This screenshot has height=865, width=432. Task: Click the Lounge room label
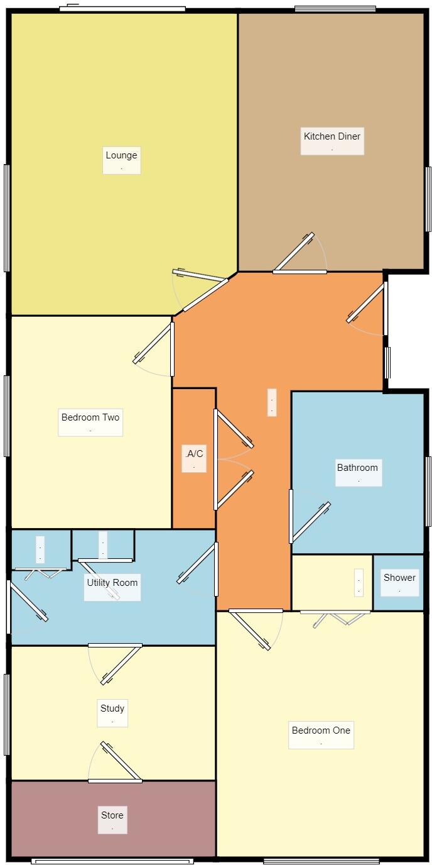coord(121,156)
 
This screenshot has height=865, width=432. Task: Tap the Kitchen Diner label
coord(332,136)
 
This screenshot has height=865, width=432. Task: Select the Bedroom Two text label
coord(90,417)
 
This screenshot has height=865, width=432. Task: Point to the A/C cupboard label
coord(194,454)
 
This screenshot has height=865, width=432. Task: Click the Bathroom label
coord(358,468)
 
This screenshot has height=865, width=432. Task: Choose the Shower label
coord(399,578)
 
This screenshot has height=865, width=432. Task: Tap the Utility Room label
coord(112,583)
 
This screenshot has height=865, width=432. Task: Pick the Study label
coord(112,708)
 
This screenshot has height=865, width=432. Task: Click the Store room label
coord(112,815)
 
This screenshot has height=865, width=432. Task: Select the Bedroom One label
coord(321,730)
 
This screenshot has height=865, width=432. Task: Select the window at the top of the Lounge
coord(122,9)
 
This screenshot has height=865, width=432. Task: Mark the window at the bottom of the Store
coord(112,861)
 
